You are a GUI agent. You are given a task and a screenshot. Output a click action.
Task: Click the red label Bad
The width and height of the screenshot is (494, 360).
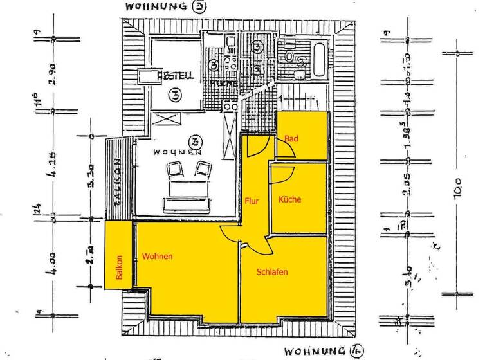pyautogui.click(x=291, y=138)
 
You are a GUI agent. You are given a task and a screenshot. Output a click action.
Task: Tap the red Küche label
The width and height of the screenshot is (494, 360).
pyautogui.click(x=289, y=200)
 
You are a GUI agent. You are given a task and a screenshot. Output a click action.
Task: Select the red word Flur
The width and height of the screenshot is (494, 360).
pyautogui.click(x=252, y=201)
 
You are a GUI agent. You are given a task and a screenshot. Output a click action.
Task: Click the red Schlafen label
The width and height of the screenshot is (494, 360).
pyautogui.click(x=272, y=272)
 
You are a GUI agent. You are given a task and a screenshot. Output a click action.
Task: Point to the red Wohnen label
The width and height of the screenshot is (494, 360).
pyautogui.click(x=158, y=256)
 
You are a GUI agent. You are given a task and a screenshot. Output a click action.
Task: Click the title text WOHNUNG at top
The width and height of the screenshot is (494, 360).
pyautogui.click(x=152, y=6)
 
